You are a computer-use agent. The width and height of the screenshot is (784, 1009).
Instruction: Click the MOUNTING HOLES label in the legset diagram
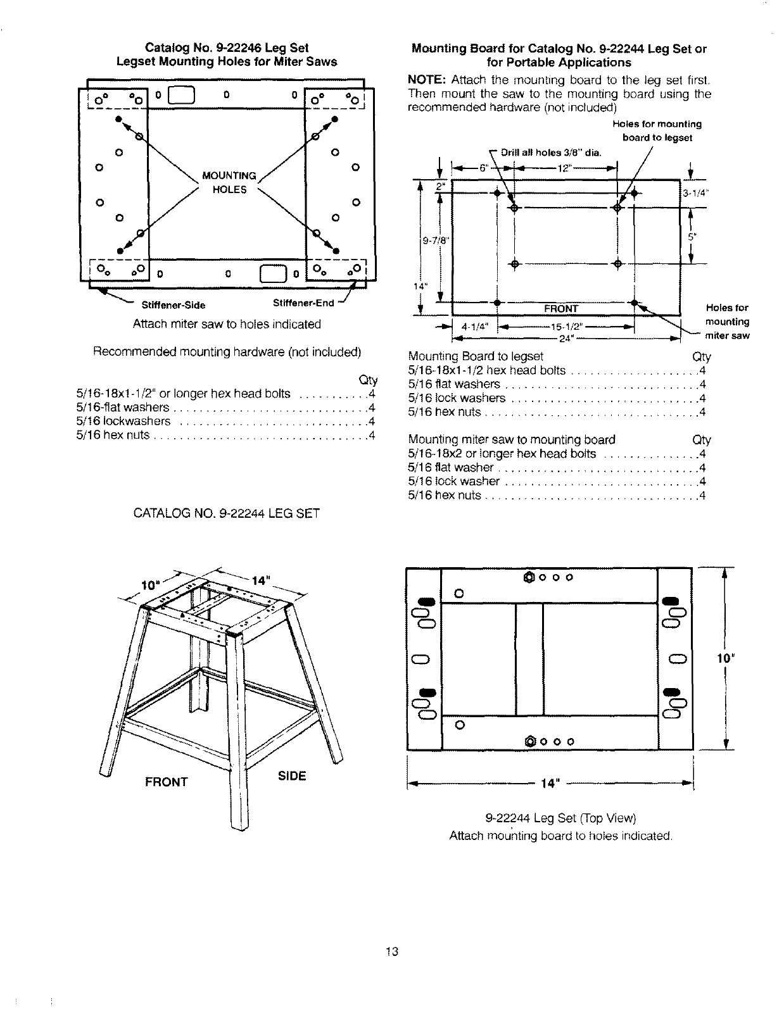[x=229, y=182]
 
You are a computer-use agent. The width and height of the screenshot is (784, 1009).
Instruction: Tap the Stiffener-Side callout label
[x=173, y=305]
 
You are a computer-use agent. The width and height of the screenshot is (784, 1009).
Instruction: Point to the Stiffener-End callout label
[x=303, y=303]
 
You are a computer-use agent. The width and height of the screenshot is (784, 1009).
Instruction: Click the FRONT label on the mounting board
[x=561, y=309]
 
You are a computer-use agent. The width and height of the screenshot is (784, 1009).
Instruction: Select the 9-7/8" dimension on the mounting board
[x=431, y=240]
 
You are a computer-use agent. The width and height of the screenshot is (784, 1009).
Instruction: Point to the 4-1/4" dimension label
[x=474, y=327]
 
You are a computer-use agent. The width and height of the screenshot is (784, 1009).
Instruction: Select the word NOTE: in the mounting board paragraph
[x=427, y=80]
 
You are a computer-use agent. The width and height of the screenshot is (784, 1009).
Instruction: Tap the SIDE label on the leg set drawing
[x=292, y=776]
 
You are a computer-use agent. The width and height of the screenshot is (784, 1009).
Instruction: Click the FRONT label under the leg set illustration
[x=166, y=782]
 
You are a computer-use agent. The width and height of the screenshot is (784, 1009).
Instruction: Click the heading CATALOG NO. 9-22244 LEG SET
[x=227, y=513]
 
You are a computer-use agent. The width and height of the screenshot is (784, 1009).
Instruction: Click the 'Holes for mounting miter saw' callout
[x=727, y=322]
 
